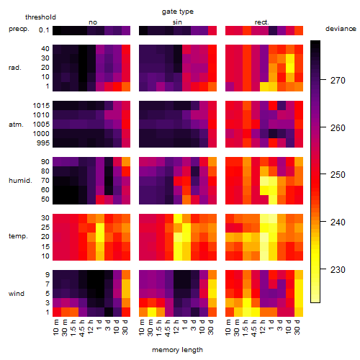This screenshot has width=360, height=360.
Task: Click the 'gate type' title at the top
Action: tap(178, 12)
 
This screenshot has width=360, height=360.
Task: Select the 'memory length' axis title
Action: tap(177, 350)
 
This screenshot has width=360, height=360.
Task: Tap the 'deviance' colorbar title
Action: tap(341, 29)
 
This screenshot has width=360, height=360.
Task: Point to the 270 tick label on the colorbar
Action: tap(338, 81)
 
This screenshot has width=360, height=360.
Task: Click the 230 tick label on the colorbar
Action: tap(338, 270)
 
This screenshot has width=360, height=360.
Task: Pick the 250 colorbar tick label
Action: tap(338, 175)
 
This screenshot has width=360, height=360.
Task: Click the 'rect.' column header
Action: tap(262, 22)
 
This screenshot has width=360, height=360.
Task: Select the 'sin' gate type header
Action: tap(177, 22)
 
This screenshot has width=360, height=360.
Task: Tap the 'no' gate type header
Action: tap(93, 22)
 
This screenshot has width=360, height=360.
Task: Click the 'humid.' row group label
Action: tap(20, 181)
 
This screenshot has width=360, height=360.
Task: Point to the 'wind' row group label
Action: tap(17, 294)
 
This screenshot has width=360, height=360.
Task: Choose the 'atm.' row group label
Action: tap(16, 125)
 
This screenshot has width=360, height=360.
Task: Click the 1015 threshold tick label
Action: tap(41, 106)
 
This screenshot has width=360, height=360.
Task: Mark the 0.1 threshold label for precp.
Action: tap(44, 30)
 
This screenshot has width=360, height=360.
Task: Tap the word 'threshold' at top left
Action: tap(40, 17)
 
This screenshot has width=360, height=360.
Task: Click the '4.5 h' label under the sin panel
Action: tap(168, 328)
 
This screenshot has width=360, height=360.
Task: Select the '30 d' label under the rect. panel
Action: tap(297, 328)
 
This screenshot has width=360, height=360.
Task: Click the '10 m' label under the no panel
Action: tap(55, 328)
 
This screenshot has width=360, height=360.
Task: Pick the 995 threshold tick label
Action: tap(43, 143)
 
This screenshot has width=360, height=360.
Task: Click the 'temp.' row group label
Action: tap(18, 236)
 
